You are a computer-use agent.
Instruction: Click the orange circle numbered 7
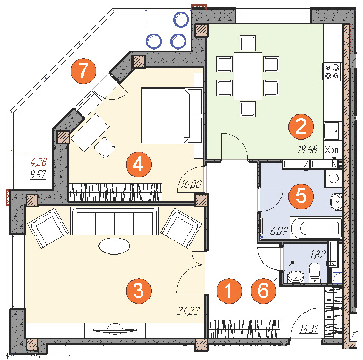(84, 71)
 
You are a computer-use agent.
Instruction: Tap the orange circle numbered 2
(301, 127)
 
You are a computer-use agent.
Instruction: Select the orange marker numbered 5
(301, 196)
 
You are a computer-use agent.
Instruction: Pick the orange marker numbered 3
(139, 291)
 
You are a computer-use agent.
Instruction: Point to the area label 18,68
(308, 150)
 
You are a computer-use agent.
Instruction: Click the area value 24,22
(188, 311)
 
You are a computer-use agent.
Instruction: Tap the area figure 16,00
(191, 184)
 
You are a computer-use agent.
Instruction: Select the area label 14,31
(309, 329)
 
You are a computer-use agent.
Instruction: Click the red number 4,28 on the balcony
(39, 162)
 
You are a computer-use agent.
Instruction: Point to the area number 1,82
(318, 255)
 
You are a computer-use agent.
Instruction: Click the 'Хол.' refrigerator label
(332, 150)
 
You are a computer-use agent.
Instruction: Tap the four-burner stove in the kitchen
(332, 71)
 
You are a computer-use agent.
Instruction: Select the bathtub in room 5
(316, 228)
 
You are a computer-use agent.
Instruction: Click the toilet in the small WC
(315, 273)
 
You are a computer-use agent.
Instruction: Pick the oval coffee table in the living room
(114, 246)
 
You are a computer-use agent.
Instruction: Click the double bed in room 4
(171, 116)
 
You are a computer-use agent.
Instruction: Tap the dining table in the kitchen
(248, 76)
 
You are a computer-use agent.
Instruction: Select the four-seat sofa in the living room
(114, 221)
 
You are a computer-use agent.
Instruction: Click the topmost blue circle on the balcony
(181, 19)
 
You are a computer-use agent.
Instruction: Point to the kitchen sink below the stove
(333, 131)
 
